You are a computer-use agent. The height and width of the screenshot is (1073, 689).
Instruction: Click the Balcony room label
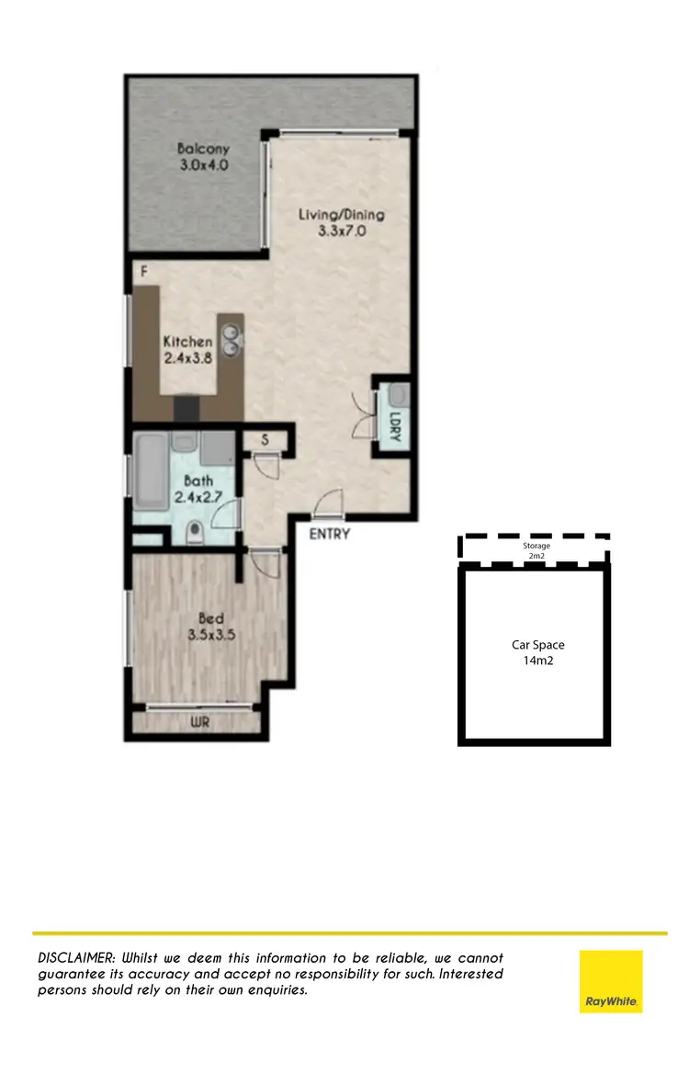pyautogui.click(x=203, y=149)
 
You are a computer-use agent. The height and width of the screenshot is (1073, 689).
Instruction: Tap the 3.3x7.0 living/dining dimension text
pyautogui.click(x=342, y=232)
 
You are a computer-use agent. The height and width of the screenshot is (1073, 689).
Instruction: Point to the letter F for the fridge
pyautogui.click(x=144, y=272)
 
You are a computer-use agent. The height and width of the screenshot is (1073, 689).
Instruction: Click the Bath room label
pyautogui.click(x=198, y=480)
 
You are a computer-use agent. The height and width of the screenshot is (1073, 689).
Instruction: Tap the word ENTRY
pyautogui.click(x=329, y=534)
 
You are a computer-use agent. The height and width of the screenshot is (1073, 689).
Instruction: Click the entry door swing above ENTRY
pyautogui.click(x=328, y=503)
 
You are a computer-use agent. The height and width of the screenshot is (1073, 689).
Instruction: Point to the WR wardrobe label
pyautogui.click(x=200, y=723)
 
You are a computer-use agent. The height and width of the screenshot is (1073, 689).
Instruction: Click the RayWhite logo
pyautogui.click(x=611, y=981)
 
